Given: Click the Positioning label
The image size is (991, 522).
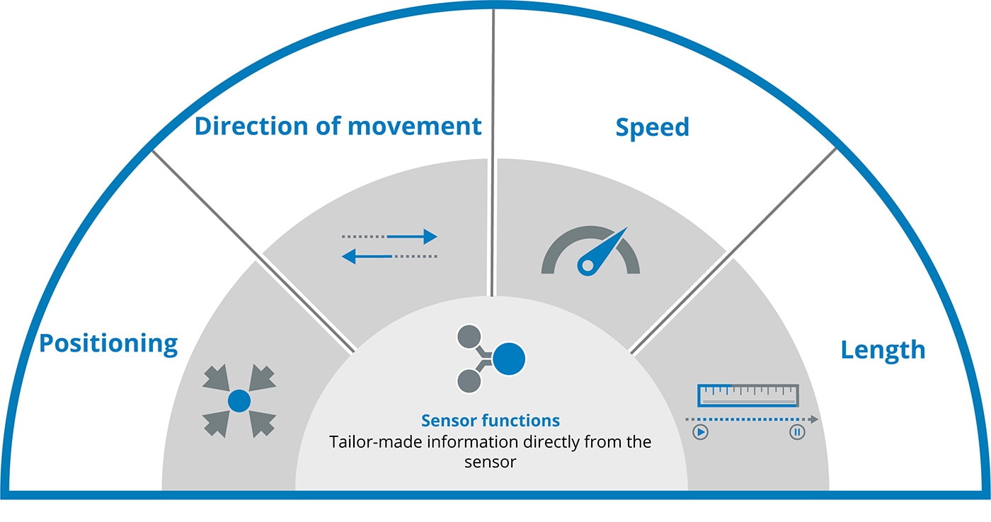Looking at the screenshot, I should pyautogui.click(x=108, y=344).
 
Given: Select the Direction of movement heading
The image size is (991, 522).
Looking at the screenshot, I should pyautogui.click(x=338, y=127).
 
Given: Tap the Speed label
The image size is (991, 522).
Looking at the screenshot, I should pyautogui.click(x=652, y=127).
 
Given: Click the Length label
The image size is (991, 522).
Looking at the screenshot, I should pyautogui.click(x=883, y=349).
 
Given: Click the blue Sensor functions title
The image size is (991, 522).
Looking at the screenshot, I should pyautogui.click(x=491, y=421).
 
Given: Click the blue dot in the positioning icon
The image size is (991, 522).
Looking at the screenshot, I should pyautogui.click(x=239, y=401).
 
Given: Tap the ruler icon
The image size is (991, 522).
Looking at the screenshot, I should pyautogui.click(x=748, y=395).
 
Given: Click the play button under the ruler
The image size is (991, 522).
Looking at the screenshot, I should pyautogui.click(x=700, y=432).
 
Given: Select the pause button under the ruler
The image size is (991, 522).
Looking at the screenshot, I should pyautogui.click(x=797, y=432).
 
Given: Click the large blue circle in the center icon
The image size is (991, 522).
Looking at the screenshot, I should pyautogui.click(x=509, y=359).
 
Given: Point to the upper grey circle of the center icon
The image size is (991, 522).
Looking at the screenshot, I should pyautogui.click(x=469, y=337).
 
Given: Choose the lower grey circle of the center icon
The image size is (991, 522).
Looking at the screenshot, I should pyautogui.click(x=469, y=381).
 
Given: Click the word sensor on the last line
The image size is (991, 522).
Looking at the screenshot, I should pyautogui.click(x=491, y=463).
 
